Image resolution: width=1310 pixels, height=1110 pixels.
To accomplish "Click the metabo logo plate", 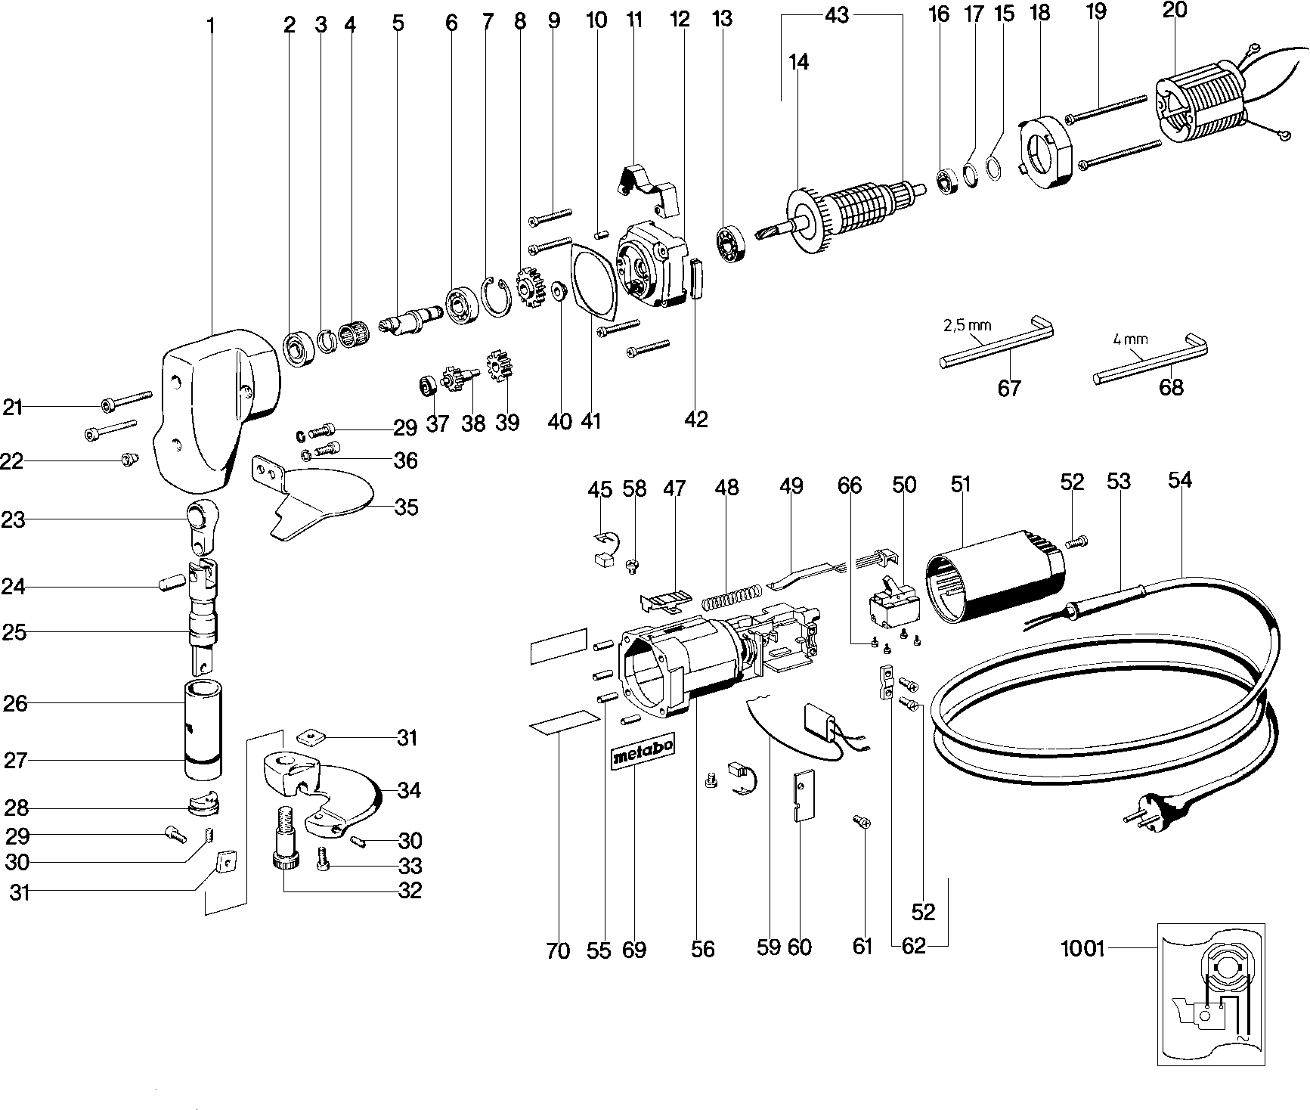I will [x=642, y=752].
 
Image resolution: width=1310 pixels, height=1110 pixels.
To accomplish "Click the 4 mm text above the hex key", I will [x=1129, y=339].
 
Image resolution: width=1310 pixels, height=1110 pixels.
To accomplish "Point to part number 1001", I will [x=1082, y=947].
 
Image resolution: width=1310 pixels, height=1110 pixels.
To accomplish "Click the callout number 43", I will [x=838, y=14].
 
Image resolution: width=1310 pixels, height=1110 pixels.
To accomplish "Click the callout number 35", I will [x=406, y=507].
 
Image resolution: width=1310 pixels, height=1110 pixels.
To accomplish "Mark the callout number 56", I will [x=702, y=948].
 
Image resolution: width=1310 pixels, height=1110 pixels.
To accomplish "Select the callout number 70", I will [x=557, y=950].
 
